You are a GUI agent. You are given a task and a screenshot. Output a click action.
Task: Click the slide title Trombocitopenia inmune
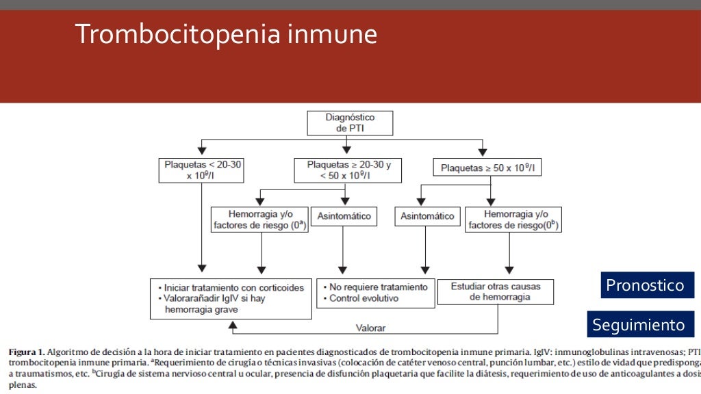226,34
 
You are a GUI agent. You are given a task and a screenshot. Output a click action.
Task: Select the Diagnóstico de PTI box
350,124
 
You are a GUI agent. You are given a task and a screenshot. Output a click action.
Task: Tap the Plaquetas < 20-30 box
201,170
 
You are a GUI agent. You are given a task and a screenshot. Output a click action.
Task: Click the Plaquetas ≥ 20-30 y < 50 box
348,170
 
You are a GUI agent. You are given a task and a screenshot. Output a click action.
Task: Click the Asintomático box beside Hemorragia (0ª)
344,216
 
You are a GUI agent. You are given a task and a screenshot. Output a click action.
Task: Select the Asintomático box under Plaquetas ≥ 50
427,216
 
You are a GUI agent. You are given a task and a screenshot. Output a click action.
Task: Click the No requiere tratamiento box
375,293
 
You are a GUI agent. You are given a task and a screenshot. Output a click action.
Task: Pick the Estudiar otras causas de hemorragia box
494,292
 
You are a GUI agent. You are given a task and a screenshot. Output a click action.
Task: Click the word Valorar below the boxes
371,328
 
